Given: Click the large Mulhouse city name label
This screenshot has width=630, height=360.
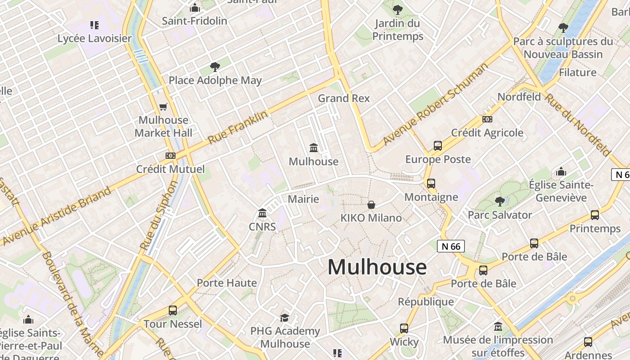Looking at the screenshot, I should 377,267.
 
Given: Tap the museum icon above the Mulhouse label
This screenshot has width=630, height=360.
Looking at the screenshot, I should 314,148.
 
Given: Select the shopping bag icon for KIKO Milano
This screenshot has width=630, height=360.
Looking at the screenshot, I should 371,205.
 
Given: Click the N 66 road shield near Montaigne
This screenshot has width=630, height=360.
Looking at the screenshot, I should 450,246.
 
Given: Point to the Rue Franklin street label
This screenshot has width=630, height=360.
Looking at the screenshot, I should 238,128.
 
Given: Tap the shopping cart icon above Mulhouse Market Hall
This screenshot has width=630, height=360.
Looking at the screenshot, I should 163,107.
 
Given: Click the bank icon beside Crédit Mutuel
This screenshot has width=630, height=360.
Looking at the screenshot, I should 170,156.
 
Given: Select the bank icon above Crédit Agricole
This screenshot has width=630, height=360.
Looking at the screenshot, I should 487,119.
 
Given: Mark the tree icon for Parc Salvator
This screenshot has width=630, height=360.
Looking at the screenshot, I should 499,201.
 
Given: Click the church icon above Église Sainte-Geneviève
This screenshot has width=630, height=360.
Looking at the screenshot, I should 561,171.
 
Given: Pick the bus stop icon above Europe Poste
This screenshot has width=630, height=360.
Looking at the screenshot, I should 438,146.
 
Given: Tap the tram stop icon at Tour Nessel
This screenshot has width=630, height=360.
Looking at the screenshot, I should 173,310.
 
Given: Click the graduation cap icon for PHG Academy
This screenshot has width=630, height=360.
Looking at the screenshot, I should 285,318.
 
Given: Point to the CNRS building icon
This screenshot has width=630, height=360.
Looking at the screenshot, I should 262,213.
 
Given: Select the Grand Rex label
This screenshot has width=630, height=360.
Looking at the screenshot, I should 344,98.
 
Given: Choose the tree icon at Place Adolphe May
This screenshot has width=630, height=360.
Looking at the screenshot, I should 215,67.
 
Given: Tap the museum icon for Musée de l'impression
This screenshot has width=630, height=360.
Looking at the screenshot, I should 498,326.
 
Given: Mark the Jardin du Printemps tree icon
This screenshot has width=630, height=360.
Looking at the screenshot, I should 398,9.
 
